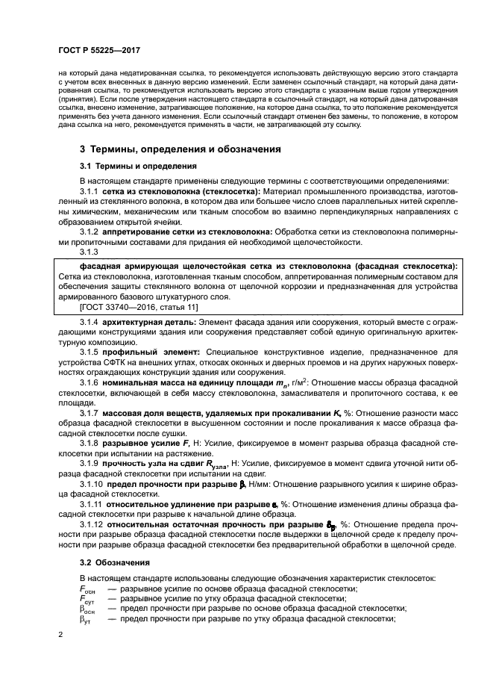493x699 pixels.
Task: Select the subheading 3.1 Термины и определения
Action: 138,166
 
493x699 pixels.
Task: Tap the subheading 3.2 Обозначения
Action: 114,561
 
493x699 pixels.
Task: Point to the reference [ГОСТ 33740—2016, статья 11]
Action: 136,306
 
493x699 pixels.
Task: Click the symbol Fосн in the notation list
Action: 88,589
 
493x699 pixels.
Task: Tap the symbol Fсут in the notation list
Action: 87,599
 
